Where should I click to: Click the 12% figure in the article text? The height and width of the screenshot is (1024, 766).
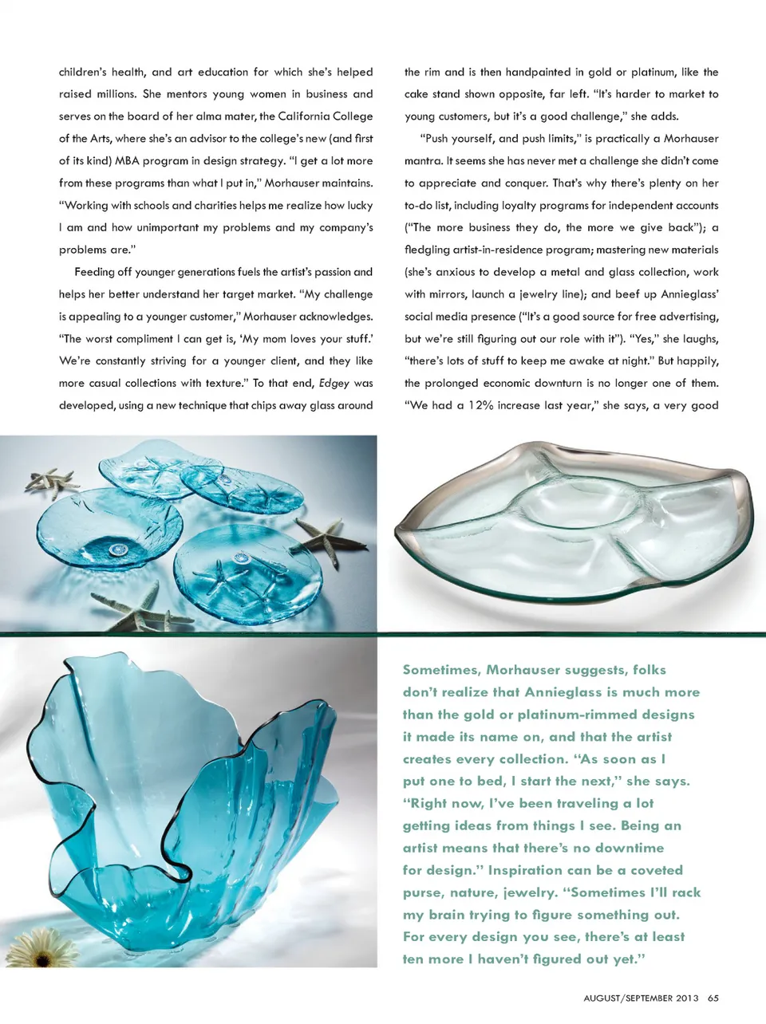(480, 405)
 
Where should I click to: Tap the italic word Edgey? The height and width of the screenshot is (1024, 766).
(334, 383)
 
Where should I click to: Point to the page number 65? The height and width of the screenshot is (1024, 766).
(713, 998)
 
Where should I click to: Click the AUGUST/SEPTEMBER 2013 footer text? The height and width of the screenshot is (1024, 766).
(641, 998)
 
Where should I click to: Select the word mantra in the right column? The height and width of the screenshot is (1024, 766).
(423, 160)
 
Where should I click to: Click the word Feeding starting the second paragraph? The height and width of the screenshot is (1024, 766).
(95, 271)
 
